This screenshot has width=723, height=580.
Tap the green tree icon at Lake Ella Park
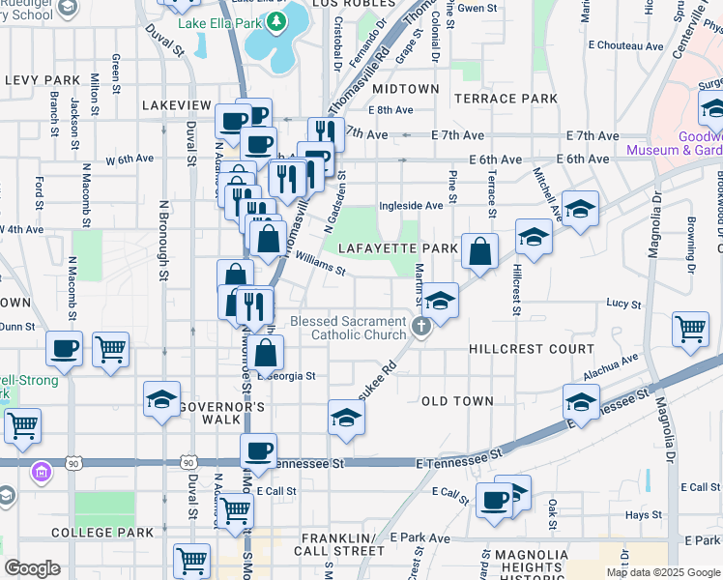coord(277,21)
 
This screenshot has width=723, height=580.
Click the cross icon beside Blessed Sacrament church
coord(420,327)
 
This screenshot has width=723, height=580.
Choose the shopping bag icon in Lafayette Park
coord(480,253)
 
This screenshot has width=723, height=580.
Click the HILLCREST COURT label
coord(531,349)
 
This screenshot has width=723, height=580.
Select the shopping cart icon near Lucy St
coord(690,329)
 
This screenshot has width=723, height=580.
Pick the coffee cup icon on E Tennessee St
coord(259,450)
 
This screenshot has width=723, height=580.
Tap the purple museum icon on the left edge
coord(42,473)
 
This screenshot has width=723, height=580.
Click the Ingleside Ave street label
coord(411,205)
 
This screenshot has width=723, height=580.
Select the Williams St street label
coord(321,264)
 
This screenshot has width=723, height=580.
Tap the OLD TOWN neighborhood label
coord(457,400)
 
